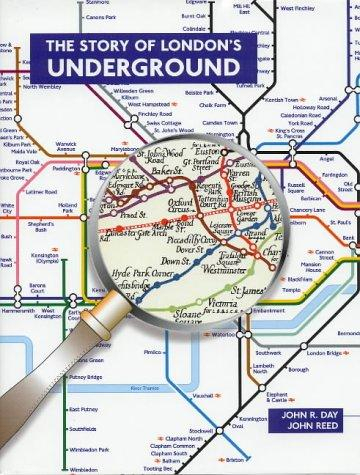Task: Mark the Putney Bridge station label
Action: click(88, 377)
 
